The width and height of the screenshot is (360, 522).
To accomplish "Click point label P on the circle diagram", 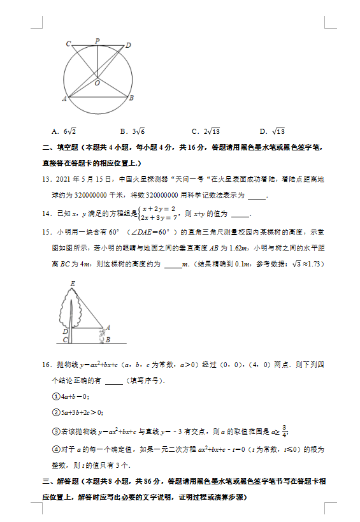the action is point(97,40).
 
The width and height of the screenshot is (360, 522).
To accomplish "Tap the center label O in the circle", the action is point(97,83).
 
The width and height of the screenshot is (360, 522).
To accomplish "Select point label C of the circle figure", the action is point(68,43).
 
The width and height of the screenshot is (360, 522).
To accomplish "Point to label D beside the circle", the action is point(128,45).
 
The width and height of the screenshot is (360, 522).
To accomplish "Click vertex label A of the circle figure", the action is point(64,99).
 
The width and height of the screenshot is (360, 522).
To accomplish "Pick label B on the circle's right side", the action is point(131,98).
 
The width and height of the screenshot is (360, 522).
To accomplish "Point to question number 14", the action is point(46,214).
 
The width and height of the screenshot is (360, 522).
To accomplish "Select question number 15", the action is point(46,231).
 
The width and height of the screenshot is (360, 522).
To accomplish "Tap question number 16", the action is point(46,365).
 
